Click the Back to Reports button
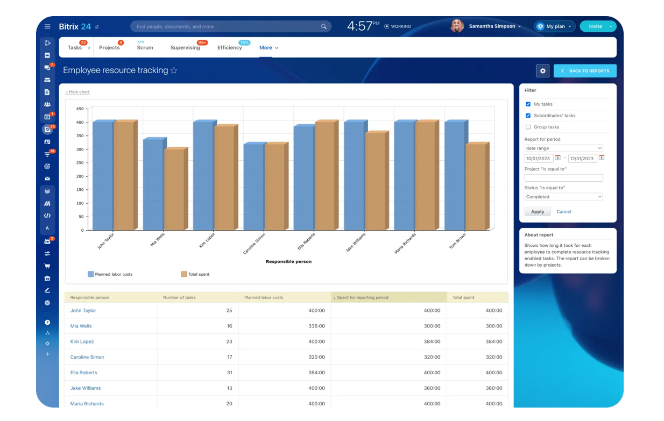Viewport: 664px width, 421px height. (x=585, y=71)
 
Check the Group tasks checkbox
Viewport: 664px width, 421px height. (x=528, y=127)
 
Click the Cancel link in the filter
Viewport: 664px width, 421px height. (x=563, y=212)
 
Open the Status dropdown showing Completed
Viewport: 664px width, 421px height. (x=563, y=197)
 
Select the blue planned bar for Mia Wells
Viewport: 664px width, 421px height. (x=153, y=185)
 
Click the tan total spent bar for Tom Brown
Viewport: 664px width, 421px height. (x=475, y=187)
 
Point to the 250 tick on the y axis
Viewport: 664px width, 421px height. (x=80, y=163)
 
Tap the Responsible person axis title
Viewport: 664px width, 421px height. (x=288, y=262)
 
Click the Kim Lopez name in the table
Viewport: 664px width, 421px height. (x=82, y=342)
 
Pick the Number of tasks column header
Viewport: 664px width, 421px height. (x=179, y=297)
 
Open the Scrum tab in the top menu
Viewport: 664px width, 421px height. (x=145, y=48)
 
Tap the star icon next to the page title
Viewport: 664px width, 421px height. (x=174, y=70)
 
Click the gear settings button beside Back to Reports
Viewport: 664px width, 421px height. (x=542, y=71)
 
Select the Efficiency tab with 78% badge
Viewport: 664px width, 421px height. (x=230, y=48)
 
